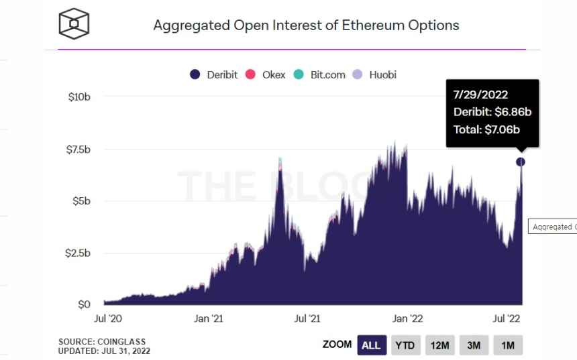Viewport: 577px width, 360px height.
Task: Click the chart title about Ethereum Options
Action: pos(306,25)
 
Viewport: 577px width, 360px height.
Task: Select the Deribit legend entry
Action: pos(213,74)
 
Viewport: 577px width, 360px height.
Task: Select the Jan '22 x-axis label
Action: pos(407,318)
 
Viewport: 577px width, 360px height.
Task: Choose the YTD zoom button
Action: pos(405,345)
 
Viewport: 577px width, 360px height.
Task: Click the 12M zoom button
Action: pos(439,345)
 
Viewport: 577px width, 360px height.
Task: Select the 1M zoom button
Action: pos(508,345)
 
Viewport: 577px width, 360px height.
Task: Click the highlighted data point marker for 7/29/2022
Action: pos(521,162)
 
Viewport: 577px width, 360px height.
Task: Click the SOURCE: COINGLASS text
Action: pos(102,342)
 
